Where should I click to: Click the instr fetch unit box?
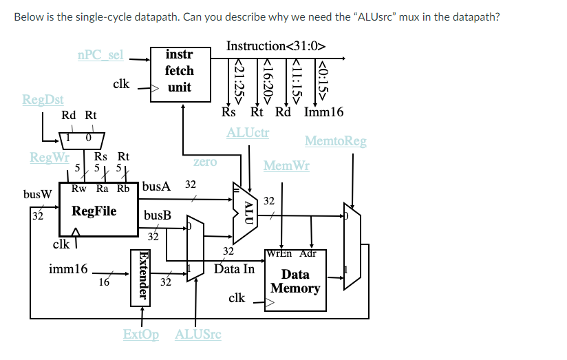pos(180,72)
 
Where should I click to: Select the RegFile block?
pos(94,211)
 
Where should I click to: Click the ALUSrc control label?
pos(198,335)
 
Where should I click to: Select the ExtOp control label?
pos(140,335)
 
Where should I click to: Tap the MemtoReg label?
pos(335,141)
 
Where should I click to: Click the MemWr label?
pos(286,166)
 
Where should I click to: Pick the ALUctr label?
pos(248,131)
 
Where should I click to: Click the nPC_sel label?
pos(100,54)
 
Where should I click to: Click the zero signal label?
pos(205,162)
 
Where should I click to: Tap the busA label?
pos(156,186)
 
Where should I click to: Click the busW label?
pos(37,193)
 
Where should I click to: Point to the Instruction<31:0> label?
pos(275,46)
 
